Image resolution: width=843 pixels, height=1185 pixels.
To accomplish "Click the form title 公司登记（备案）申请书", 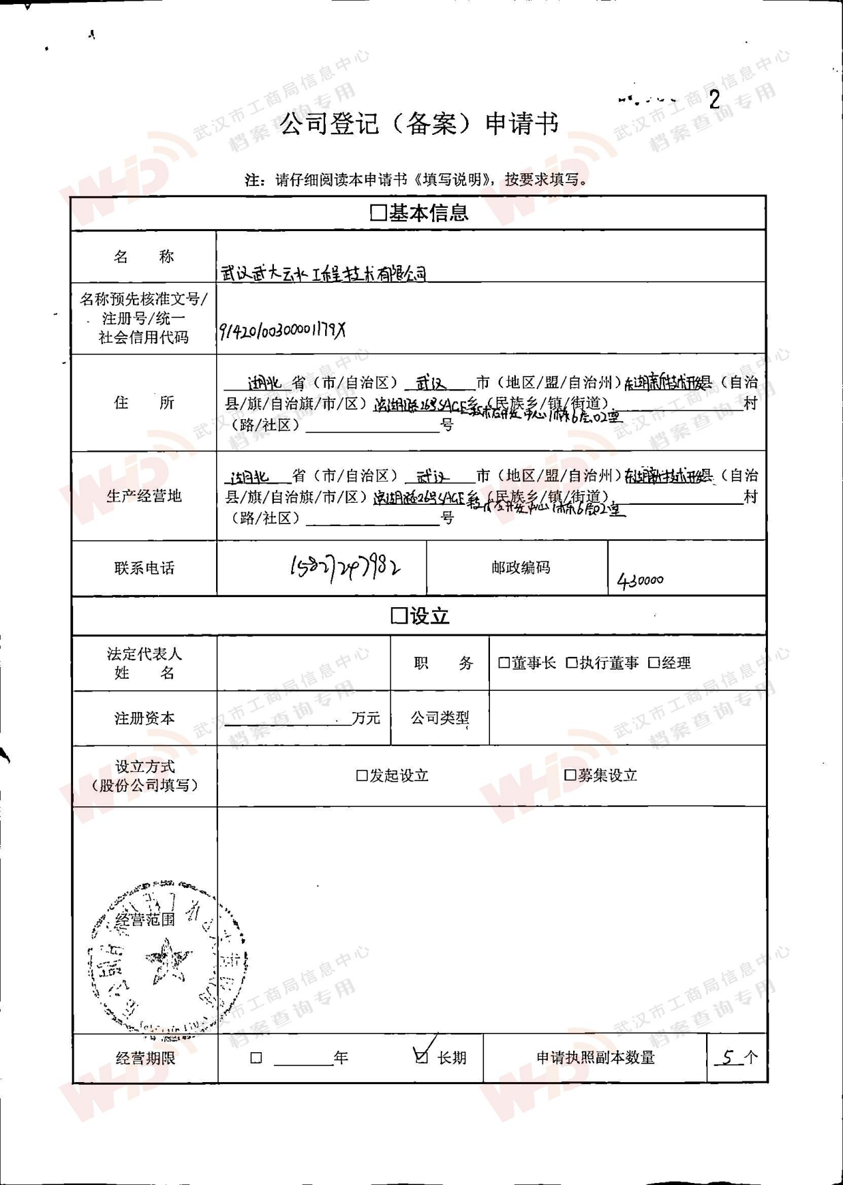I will [419, 124].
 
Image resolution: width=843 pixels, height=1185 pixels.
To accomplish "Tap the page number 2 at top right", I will [715, 100].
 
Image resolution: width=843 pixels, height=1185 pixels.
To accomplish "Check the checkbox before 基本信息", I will [378, 213].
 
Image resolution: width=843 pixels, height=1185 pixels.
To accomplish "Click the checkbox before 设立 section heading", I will [399, 616].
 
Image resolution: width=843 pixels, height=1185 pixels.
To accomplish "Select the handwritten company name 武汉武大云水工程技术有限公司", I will [324, 273].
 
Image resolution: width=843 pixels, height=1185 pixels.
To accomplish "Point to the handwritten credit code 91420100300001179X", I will [283, 330].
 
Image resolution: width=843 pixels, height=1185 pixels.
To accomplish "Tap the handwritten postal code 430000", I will [640, 581].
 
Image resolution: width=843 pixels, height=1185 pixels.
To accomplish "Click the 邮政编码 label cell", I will [521, 568].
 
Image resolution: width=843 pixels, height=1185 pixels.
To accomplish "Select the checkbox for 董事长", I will [504, 663].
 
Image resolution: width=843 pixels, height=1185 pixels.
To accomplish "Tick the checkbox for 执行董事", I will [572, 663].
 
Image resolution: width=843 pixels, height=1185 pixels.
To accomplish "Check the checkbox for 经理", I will [654, 663].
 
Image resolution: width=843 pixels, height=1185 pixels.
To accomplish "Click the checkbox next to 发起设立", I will [362, 776].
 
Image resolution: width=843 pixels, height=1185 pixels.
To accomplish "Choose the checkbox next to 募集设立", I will [570, 775].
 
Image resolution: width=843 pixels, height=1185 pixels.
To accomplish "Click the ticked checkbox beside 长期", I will [421, 1056].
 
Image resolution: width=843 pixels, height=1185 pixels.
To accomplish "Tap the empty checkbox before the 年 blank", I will [257, 1058].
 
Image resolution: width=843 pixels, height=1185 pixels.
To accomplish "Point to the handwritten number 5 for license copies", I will [729, 1057].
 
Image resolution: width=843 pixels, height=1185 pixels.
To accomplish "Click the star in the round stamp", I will [168, 961].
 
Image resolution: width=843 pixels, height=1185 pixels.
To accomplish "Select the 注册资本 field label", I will [144, 718].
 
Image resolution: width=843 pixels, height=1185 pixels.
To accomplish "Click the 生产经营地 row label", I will [144, 496].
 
